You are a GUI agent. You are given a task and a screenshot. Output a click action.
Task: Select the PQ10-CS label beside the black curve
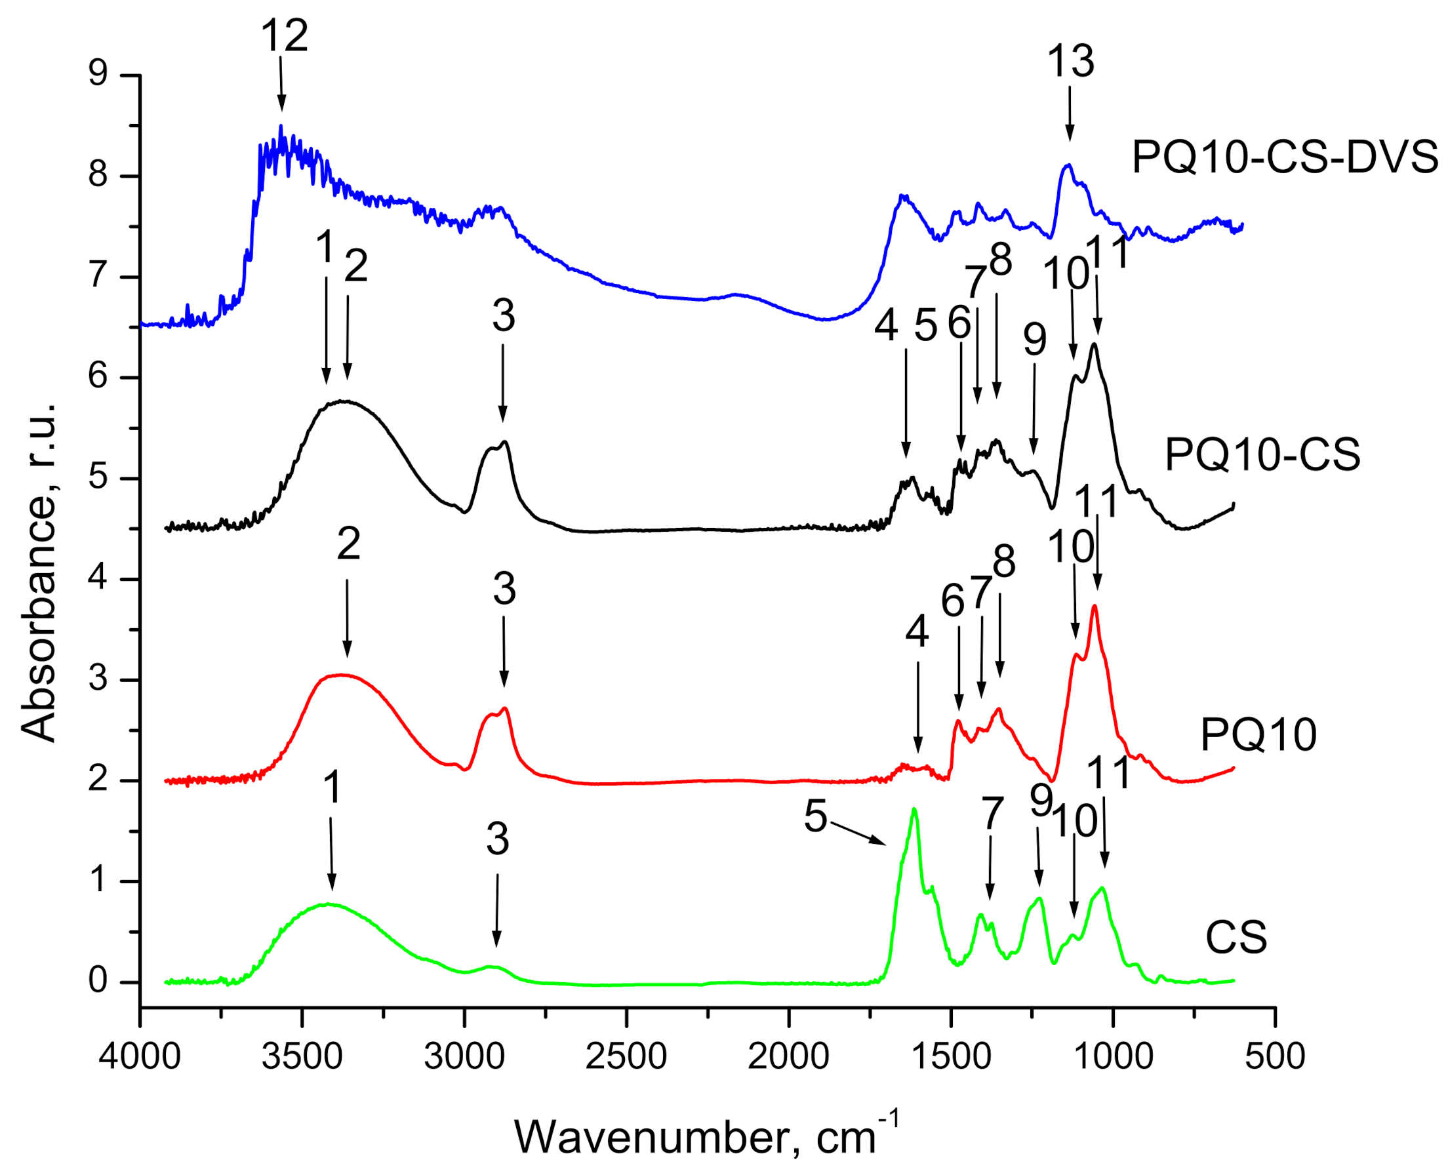click(x=1262, y=454)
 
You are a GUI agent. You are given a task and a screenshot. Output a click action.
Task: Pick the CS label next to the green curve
click(x=1236, y=938)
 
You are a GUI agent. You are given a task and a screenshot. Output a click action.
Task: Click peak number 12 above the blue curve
click(x=285, y=35)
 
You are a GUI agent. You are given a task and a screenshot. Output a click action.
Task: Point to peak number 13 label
click(x=1070, y=61)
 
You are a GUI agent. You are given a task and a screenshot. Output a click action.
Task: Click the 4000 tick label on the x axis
click(x=140, y=1056)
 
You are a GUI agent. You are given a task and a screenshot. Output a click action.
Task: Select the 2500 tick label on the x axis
click(x=626, y=1056)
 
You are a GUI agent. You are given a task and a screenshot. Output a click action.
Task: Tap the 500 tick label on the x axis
click(x=1274, y=1056)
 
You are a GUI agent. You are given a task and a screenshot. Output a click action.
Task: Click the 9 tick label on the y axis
click(x=98, y=71)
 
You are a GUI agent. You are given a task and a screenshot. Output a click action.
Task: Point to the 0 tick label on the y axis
click(x=98, y=980)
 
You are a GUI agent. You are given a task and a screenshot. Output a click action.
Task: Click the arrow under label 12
click(x=281, y=84)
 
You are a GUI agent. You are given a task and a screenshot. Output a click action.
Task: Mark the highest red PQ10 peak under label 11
click(x=1094, y=607)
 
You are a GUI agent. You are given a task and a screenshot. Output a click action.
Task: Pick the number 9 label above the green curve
click(x=1041, y=800)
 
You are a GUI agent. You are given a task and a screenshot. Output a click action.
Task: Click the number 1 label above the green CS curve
click(x=331, y=787)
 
